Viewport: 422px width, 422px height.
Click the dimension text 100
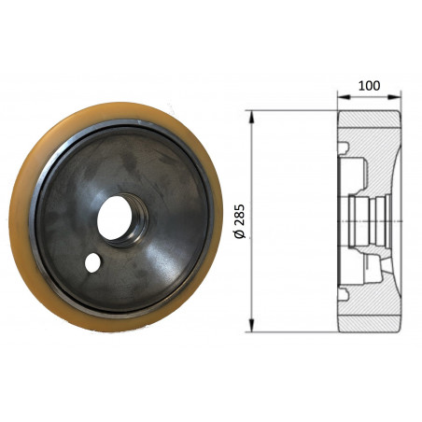pos(369,86)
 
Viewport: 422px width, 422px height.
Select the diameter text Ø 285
pos(240,220)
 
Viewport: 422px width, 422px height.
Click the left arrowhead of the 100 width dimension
pos(339,96)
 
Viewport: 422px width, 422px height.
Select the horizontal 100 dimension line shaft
pos(369,96)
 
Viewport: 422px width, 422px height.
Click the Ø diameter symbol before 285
pos(240,237)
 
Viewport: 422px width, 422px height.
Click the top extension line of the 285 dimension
pos(289,111)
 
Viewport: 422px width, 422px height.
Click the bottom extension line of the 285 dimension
pos(289,332)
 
